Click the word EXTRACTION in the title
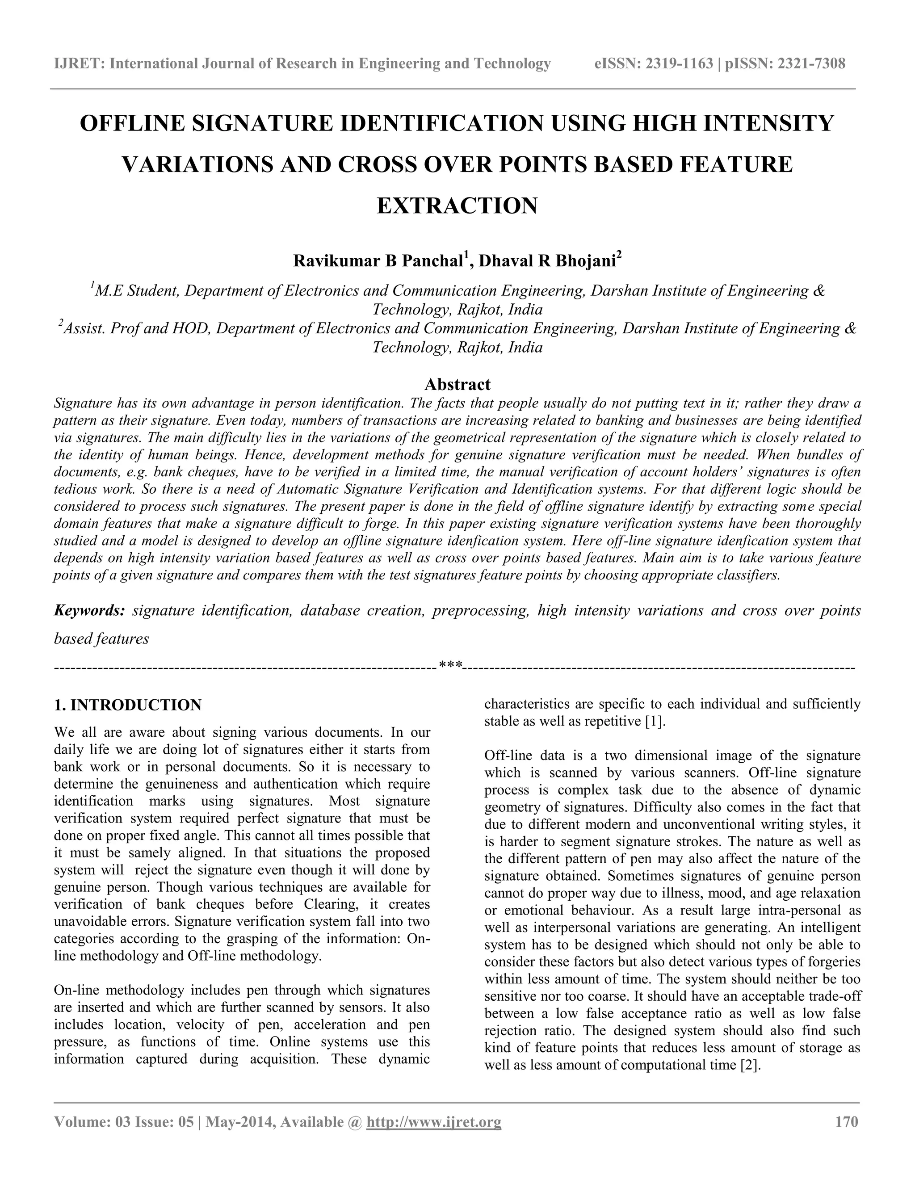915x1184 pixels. pyautogui.click(x=457, y=206)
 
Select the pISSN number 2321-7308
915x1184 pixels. pyautogui.click(x=811, y=64)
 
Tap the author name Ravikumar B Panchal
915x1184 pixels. pyautogui.click(x=377, y=261)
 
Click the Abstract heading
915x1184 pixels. pyautogui.click(x=457, y=384)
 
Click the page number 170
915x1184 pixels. pyautogui.click(x=847, y=1121)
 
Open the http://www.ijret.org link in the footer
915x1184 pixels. pyautogui.click(x=434, y=1121)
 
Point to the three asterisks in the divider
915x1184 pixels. pyautogui.click(x=450, y=665)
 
